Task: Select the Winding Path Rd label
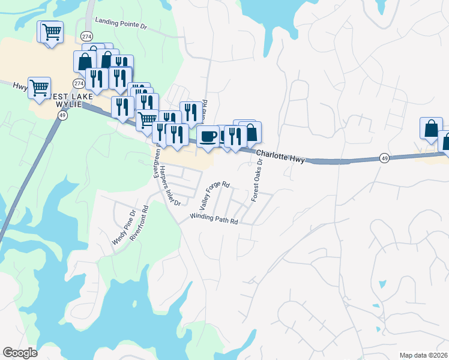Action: [x=214, y=219]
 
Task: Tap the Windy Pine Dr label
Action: [x=124, y=227]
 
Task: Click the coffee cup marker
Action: [x=208, y=136]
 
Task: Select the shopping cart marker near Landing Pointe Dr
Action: [x=52, y=31]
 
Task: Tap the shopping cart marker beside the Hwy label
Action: [x=39, y=87]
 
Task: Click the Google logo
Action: [x=20, y=353]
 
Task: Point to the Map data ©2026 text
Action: [x=423, y=355]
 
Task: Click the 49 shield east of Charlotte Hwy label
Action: [x=384, y=158]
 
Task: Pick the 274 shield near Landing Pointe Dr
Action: [x=87, y=36]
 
